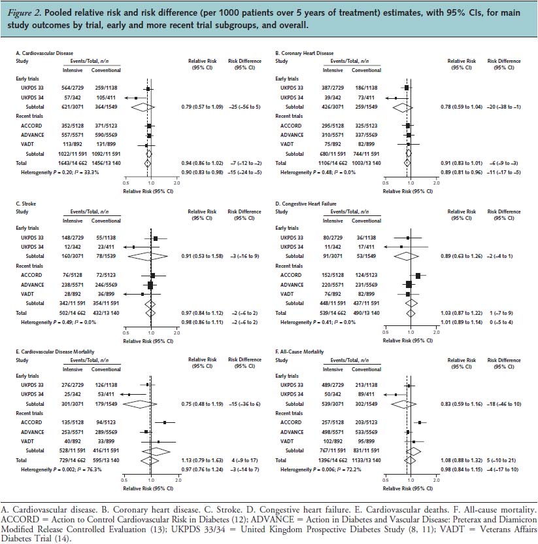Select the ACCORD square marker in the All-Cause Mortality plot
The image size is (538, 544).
click(419, 423)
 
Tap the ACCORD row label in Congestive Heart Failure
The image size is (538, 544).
click(291, 275)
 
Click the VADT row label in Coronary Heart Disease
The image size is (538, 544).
click(286, 143)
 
